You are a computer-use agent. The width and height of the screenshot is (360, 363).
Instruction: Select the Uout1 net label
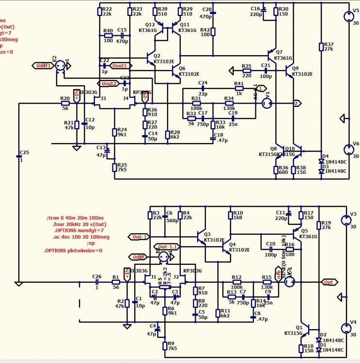[120, 65]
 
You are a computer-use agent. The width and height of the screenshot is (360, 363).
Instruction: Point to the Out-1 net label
[139, 237]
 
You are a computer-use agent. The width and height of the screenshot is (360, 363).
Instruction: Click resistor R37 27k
[320, 47]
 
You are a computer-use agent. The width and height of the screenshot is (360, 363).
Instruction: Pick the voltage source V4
[346, 328]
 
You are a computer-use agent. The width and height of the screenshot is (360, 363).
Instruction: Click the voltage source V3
[346, 221]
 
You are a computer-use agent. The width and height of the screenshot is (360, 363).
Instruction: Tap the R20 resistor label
[65, 99]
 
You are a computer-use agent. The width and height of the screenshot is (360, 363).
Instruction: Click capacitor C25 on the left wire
[20, 157]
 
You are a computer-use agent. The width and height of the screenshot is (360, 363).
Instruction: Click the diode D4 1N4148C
[321, 161]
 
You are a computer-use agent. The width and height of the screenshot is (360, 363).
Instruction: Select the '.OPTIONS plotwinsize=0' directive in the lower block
[73, 250]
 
